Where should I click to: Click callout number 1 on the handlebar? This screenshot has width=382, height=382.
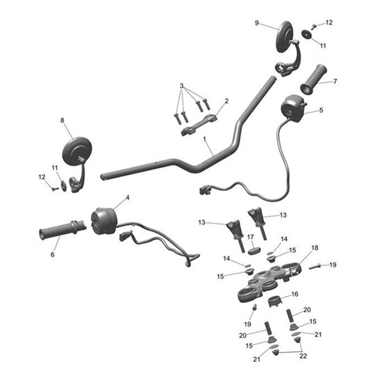206,140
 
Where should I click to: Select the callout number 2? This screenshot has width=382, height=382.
226,101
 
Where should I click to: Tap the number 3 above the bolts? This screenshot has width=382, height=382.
182,86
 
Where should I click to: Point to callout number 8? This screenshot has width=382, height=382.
63,121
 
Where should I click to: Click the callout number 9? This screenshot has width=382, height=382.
257,23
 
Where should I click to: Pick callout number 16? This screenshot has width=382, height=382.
294,294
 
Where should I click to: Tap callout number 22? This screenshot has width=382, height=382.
302,356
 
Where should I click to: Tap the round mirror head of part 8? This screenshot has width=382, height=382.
76,151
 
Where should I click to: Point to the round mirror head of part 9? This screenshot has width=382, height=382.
285,36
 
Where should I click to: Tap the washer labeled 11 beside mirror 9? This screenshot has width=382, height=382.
306,35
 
